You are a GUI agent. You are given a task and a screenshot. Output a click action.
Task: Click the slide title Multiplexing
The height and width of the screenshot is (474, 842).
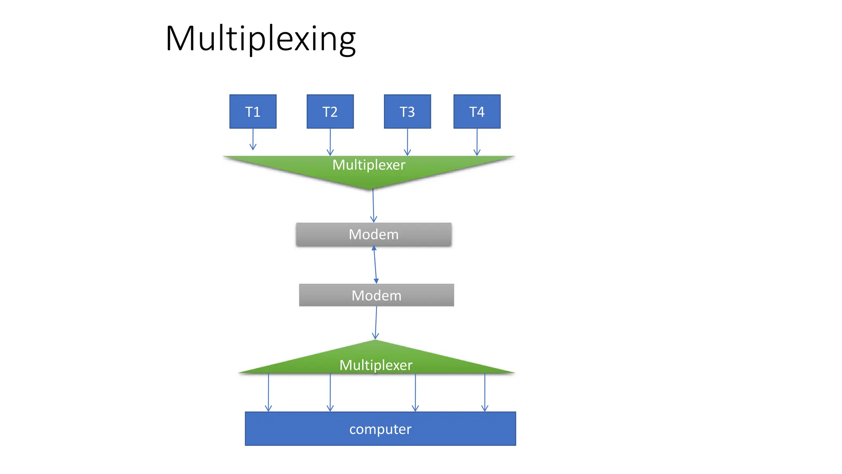[x=260, y=39]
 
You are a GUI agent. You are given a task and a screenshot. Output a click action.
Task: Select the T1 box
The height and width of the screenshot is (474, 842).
[x=253, y=112]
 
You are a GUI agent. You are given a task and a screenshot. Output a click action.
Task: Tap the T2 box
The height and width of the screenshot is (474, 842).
[x=330, y=112]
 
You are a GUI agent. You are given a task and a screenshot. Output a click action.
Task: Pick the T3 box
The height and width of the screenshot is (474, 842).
[x=407, y=112]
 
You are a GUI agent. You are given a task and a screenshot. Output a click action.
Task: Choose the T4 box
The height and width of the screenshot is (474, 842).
[x=477, y=112]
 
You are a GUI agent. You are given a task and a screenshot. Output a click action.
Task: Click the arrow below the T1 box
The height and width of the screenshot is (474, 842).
[x=253, y=139]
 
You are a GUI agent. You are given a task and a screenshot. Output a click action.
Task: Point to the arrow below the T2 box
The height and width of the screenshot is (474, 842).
[x=330, y=142]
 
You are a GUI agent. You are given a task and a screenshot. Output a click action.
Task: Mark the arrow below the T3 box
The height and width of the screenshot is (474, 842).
[x=407, y=142]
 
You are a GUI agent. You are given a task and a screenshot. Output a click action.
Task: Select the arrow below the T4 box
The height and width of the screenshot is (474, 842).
[x=477, y=142]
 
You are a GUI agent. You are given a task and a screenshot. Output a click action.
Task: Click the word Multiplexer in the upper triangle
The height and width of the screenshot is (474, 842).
[x=369, y=165]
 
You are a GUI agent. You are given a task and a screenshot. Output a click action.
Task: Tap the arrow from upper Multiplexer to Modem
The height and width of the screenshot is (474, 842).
[x=373, y=206]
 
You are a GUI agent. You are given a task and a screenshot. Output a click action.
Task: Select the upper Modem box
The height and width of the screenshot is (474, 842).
[x=374, y=235]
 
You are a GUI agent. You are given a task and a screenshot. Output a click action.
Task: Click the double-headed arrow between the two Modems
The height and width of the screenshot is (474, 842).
[x=375, y=265]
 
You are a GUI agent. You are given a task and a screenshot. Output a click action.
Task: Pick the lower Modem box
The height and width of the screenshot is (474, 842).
[x=377, y=295]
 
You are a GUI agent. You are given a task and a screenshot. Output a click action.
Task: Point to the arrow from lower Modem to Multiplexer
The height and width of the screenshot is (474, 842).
[x=376, y=323]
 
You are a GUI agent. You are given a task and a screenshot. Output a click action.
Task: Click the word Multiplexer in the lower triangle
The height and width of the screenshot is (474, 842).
[x=376, y=365]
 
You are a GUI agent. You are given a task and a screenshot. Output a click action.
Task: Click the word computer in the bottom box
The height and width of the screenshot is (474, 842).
[x=380, y=429]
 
